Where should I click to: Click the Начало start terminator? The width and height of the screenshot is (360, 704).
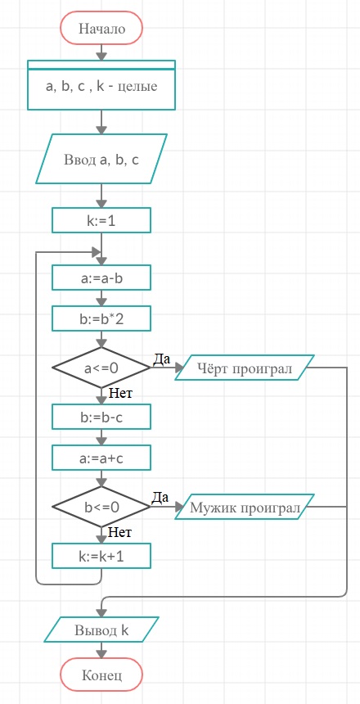point(101,29)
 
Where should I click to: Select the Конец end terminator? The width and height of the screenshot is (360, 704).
point(101,675)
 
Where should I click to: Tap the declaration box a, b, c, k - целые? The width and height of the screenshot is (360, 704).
point(101,85)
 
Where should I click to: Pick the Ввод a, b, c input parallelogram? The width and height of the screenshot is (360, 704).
point(101,159)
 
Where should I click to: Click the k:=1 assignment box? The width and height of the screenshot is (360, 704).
point(101,220)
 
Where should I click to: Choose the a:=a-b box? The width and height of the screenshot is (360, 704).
point(101,278)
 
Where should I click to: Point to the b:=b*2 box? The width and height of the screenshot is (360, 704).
point(101,318)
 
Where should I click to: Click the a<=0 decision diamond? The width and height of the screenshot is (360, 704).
point(101,368)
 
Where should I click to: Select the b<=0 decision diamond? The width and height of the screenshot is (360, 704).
point(101,507)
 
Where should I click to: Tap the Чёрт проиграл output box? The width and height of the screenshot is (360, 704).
point(245,368)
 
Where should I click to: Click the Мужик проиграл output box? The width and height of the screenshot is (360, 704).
point(245,507)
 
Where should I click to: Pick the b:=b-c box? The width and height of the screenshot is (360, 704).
point(101,417)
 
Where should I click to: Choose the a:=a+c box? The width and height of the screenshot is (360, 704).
point(101,458)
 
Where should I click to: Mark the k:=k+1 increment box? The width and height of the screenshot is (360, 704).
point(101,556)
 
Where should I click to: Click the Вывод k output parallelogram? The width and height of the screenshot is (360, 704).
point(101,630)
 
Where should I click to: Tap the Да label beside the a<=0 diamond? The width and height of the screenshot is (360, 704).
point(162,359)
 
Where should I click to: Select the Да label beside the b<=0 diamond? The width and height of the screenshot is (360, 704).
point(160,498)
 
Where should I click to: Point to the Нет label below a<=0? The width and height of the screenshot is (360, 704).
point(120,394)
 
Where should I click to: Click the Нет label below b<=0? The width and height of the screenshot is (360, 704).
point(119,533)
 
